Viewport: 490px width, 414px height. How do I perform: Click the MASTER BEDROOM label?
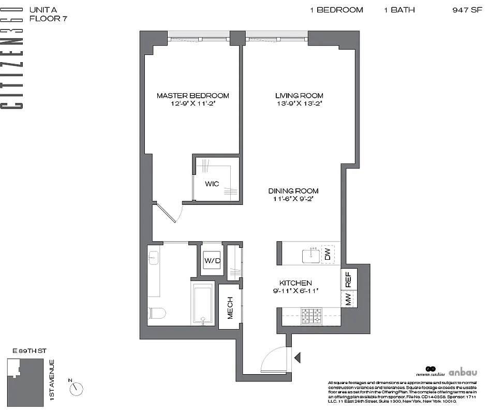[192, 96]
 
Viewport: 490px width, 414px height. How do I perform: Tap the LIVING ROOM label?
[299, 96]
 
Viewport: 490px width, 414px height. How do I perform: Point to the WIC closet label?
[212, 184]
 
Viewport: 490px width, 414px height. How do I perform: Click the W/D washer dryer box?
[212, 260]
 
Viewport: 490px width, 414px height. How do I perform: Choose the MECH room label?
[229, 307]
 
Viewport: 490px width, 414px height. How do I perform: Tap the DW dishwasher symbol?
[327, 254]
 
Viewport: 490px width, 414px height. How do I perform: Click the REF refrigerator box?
[348, 280]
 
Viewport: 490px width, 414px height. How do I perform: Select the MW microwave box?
[348, 299]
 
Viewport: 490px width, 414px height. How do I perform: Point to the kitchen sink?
[313, 254]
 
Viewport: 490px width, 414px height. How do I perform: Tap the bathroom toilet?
[156, 313]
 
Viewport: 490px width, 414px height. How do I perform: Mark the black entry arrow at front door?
[297, 357]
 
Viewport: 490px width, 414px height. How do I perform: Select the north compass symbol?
[77, 387]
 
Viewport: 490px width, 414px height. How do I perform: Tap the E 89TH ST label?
[26, 350]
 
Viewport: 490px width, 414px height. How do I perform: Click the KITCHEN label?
[295, 283]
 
